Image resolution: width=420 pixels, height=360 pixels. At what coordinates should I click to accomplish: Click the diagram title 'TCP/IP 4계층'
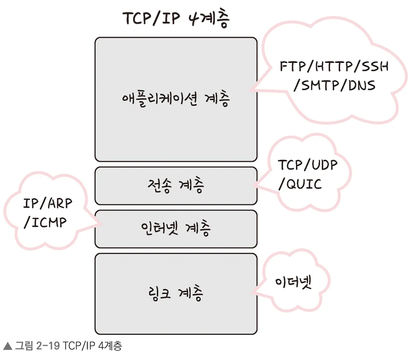(176, 19)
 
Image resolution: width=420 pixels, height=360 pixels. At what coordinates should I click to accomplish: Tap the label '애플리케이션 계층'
(176, 99)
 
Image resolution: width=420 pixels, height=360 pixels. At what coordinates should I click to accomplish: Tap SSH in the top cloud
(375, 66)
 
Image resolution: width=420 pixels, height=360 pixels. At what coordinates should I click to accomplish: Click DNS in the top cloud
(362, 85)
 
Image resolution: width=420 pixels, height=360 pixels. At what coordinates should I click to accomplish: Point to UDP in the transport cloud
(324, 165)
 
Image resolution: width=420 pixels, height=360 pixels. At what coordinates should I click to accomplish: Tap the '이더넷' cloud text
(293, 282)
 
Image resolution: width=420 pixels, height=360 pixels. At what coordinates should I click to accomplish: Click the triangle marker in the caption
(7, 346)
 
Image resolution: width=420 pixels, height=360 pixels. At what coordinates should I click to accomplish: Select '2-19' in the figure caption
(48, 346)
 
